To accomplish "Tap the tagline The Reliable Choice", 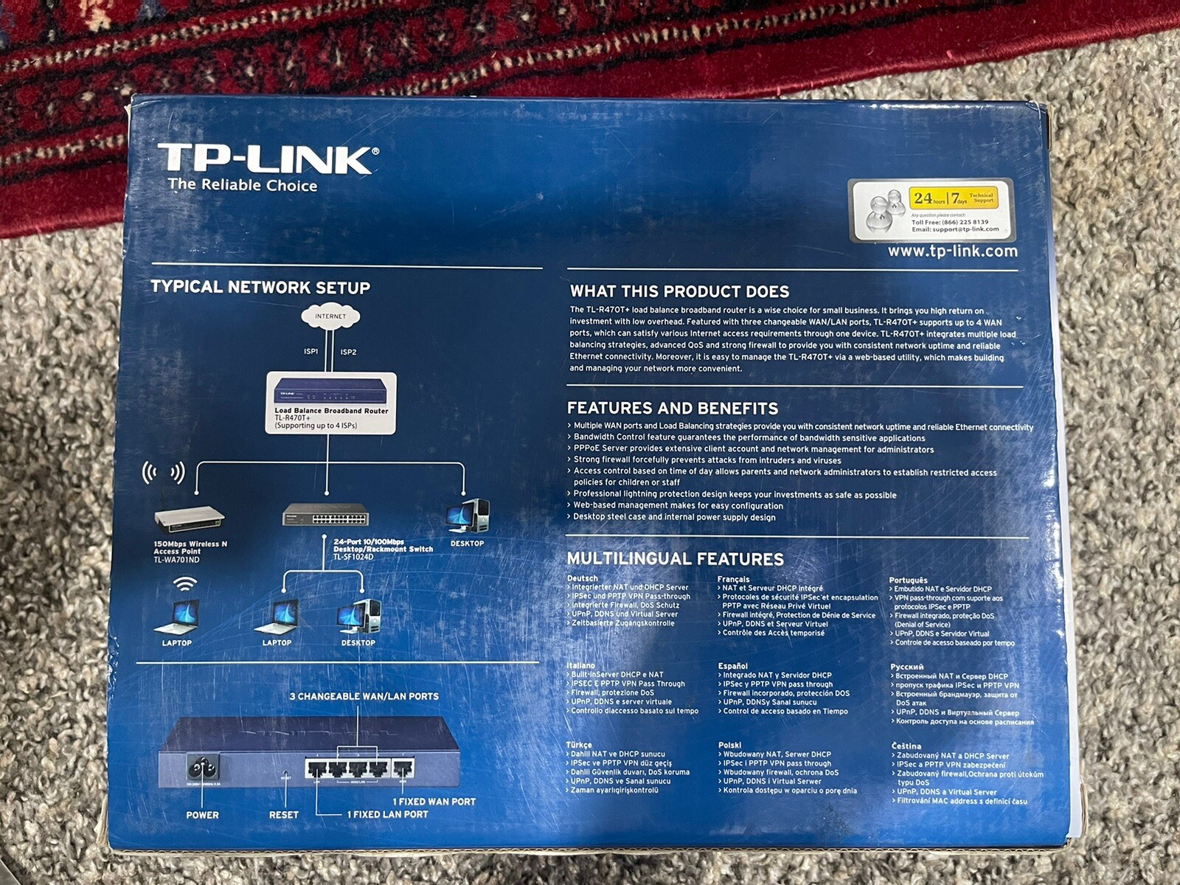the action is (x=243, y=185).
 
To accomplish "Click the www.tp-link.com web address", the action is (x=952, y=251).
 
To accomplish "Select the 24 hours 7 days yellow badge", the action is (x=957, y=198).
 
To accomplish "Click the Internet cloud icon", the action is (x=330, y=317).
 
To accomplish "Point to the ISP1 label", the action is (x=311, y=352).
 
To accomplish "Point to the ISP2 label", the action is (x=348, y=353).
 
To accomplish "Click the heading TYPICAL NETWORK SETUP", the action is (x=260, y=288).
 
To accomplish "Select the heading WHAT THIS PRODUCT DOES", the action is (x=679, y=291).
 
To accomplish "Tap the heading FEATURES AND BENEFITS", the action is (x=673, y=409).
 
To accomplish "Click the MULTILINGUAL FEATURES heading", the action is (x=675, y=559).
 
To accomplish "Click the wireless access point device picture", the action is (x=190, y=519).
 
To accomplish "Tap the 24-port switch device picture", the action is (x=326, y=516).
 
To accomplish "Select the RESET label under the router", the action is (x=284, y=815).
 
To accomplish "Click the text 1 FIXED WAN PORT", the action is (x=434, y=802).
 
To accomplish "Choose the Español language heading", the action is (x=732, y=666).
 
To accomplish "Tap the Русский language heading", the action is (x=906, y=667).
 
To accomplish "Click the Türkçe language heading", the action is (x=579, y=745).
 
